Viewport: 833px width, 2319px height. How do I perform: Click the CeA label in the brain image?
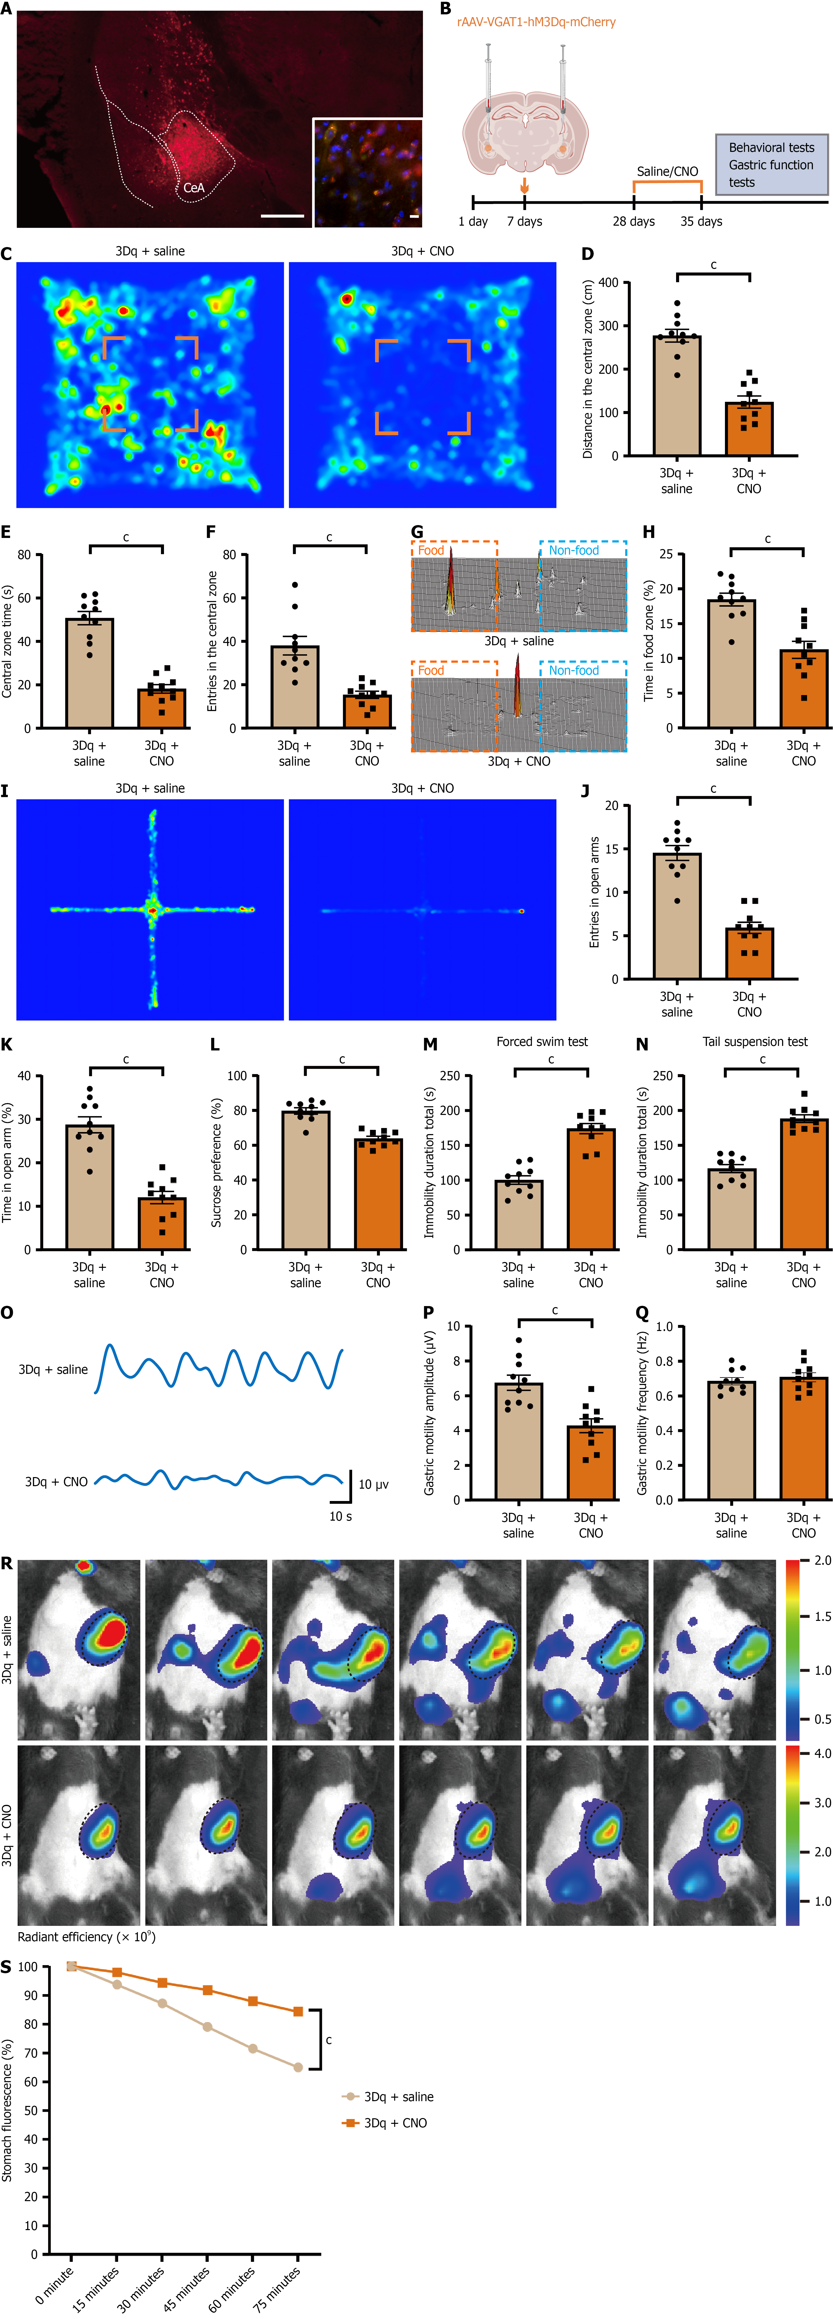pyautogui.click(x=194, y=188)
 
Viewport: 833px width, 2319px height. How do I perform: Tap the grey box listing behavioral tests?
pyautogui.click(x=771, y=165)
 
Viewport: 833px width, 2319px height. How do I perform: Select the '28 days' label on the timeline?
pyautogui.click(x=633, y=221)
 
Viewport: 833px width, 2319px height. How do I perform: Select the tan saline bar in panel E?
pyautogui.click(x=89, y=672)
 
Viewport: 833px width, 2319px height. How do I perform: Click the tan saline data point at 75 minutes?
pyautogui.click(x=298, y=2068)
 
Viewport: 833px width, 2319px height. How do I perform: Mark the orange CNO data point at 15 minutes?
pyautogui.click(x=117, y=1972)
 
